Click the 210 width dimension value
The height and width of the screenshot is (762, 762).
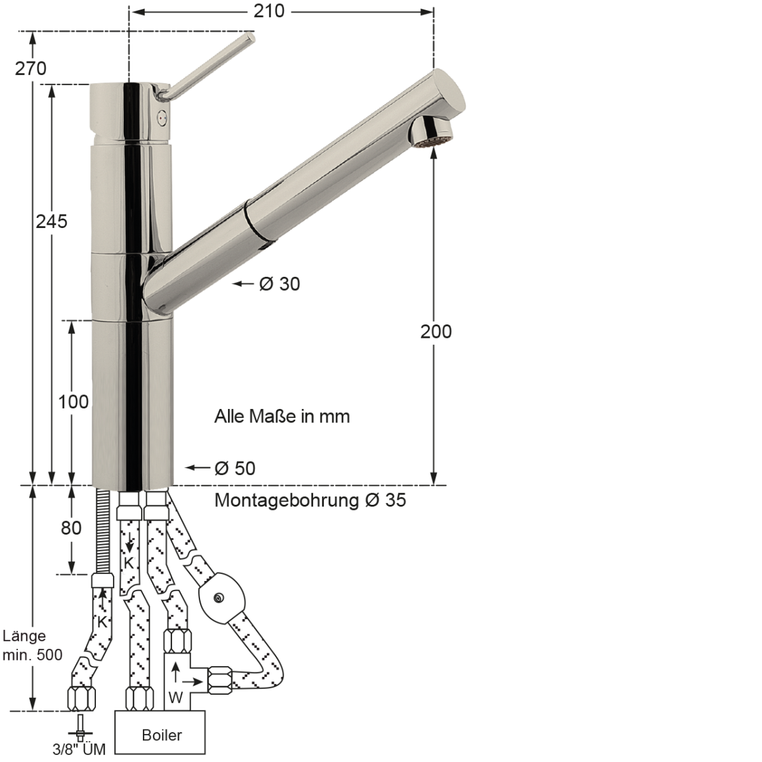(269, 11)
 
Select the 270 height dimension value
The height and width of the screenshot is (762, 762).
(30, 69)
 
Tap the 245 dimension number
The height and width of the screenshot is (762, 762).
(51, 222)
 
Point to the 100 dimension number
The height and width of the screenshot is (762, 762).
(74, 402)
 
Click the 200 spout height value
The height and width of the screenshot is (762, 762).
(436, 331)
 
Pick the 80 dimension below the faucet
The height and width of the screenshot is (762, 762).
(71, 528)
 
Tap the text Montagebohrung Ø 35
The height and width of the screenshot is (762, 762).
(310, 500)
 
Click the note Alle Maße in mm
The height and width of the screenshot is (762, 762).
(282, 417)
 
